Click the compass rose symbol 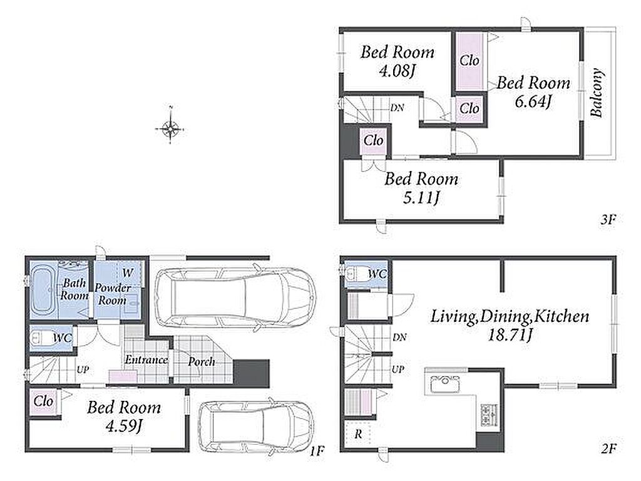pos(170,128)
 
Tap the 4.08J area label pos(397,71)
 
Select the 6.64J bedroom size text pos(533,101)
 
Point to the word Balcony pos(597,93)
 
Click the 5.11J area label pos(421,199)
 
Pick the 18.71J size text pos(510,336)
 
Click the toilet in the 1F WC pos(39,338)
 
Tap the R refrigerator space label pos(358,434)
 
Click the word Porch pos(202,361)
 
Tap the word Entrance pos(146,359)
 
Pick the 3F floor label pos(608,220)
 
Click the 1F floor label pos(317,451)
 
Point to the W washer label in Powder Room pos(128,272)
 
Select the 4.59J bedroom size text pos(123,427)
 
